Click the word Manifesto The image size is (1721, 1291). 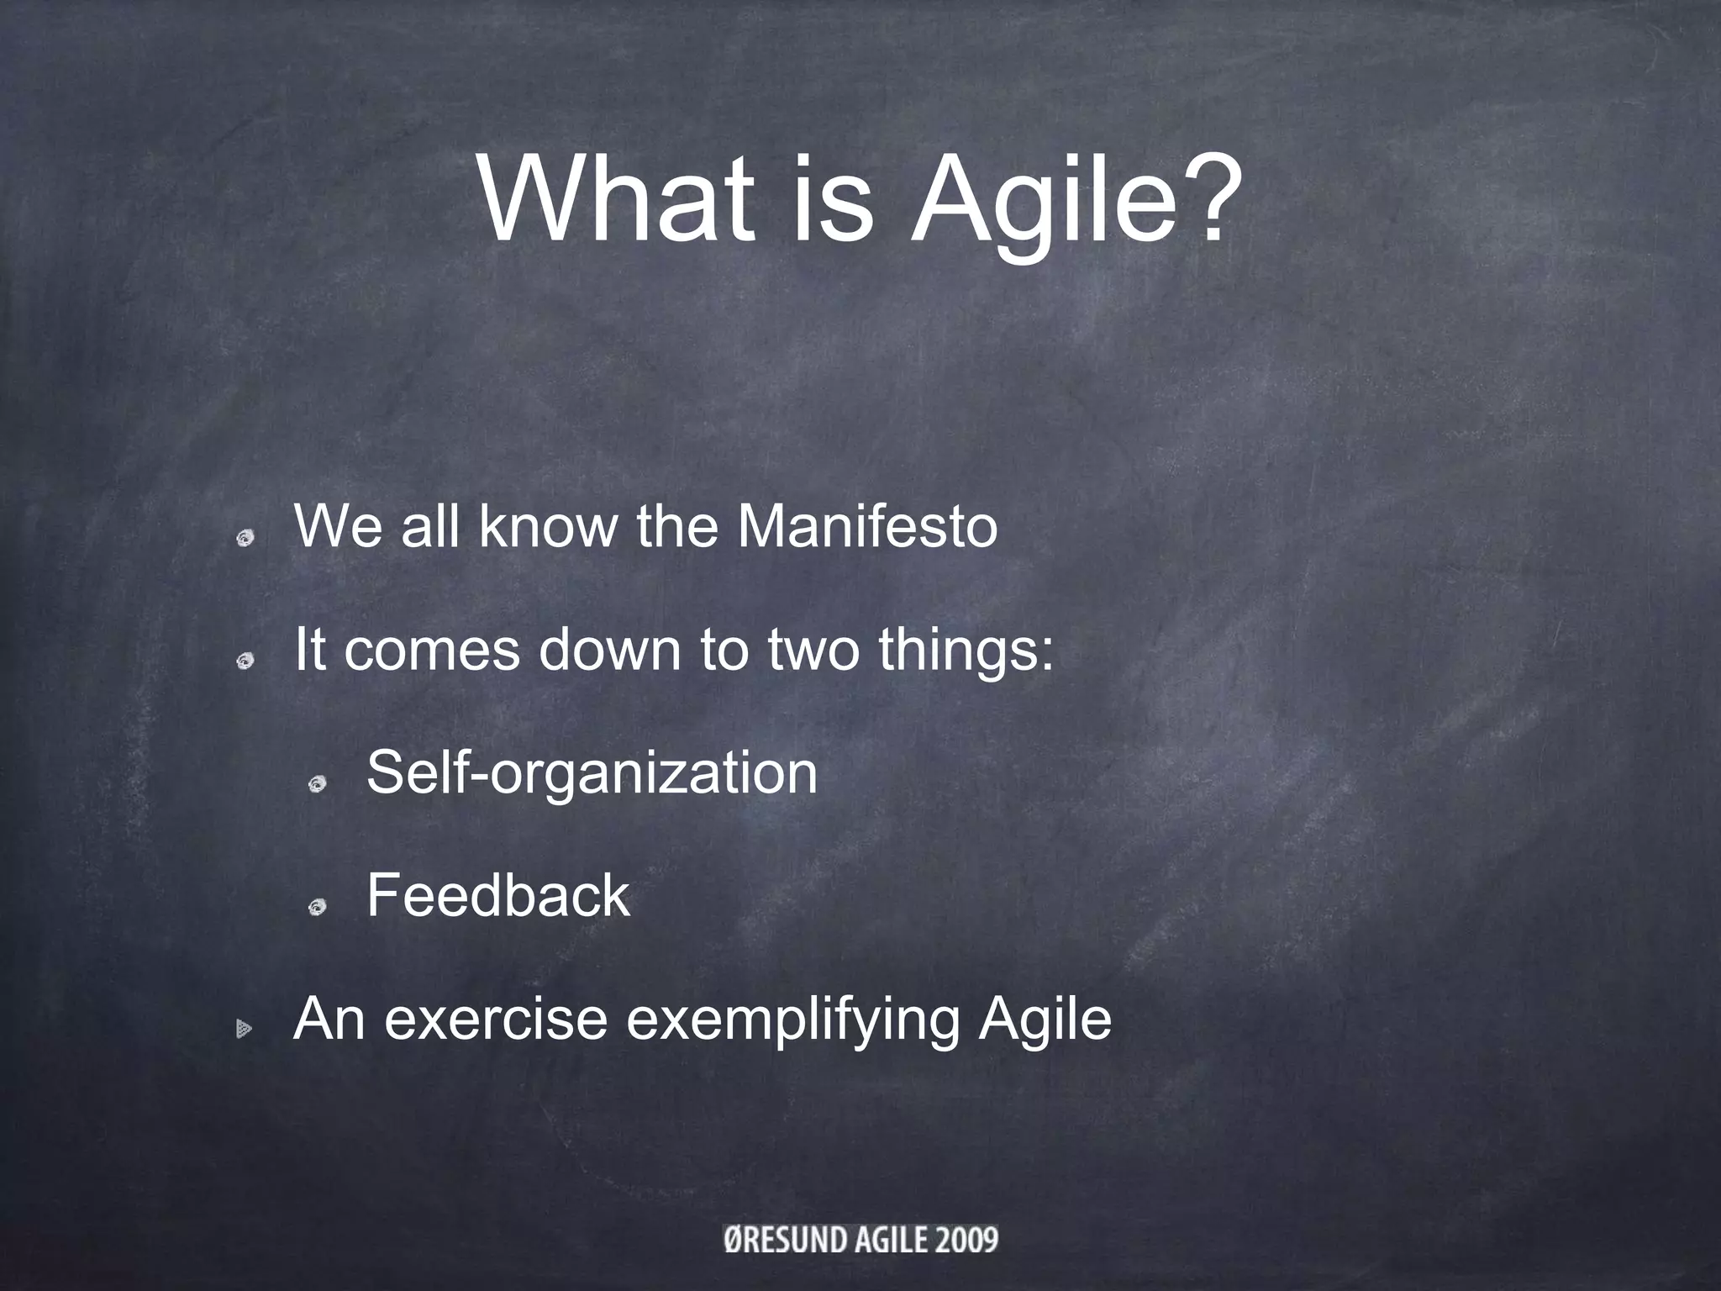(x=867, y=527)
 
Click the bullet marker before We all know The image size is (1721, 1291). (x=245, y=539)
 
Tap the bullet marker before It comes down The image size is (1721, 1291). (x=245, y=662)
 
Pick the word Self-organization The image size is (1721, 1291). (x=592, y=774)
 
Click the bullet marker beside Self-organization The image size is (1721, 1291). (x=317, y=785)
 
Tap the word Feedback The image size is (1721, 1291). (x=497, y=896)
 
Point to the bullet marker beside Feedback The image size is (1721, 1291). (x=317, y=907)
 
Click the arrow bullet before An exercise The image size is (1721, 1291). (x=244, y=1028)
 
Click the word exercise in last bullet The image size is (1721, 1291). (x=496, y=1019)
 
